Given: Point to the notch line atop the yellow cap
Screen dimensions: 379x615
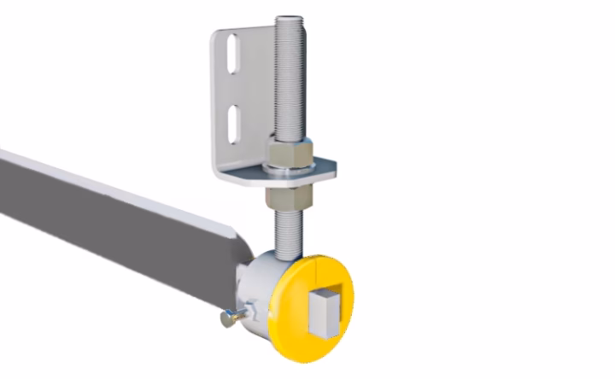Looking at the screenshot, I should point(313,270).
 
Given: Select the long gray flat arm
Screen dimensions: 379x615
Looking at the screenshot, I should point(111,222).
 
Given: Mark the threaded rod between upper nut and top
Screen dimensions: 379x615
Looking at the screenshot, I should point(287,85).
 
